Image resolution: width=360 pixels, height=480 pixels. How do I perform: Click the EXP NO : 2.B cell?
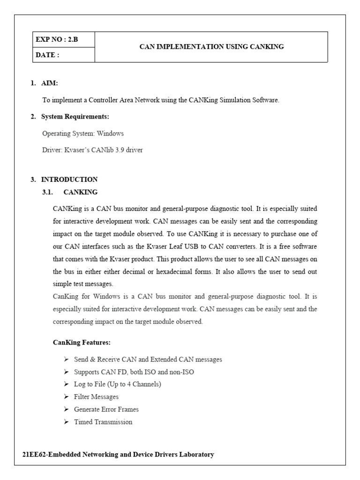point(56,39)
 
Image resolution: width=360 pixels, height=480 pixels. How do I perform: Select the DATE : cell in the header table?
point(47,55)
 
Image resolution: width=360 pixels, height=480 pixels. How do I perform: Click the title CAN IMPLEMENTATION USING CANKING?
point(212,46)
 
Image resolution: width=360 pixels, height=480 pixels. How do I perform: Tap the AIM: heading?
point(49,83)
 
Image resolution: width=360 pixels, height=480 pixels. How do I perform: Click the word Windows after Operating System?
point(110,134)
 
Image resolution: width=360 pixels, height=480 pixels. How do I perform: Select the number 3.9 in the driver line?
point(120,150)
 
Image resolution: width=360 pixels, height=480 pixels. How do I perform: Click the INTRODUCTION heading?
point(69,180)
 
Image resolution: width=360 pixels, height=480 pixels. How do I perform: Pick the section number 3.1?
point(49,192)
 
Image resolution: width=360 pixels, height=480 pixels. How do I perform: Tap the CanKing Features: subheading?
point(82,343)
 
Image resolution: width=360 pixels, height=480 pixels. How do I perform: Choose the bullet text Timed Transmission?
point(103,422)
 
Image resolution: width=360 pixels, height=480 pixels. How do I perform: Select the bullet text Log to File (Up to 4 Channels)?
point(117,384)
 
